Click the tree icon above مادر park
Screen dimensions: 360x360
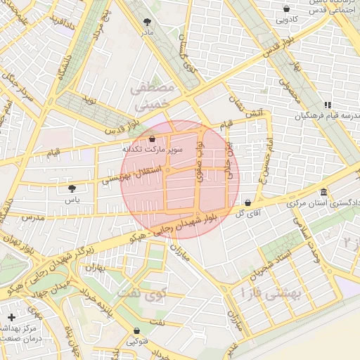click(x=146, y=22)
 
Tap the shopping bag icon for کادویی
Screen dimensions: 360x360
click(x=286, y=8)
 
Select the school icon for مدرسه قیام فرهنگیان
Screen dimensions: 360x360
click(x=328, y=104)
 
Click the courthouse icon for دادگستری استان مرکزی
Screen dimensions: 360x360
click(x=323, y=192)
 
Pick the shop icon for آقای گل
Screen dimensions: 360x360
click(x=247, y=202)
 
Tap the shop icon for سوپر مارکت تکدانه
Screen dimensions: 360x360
click(x=153, y=139)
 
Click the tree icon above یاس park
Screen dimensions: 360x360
click(x=72, y=188)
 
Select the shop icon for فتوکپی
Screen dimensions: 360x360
click(x=136, y=330)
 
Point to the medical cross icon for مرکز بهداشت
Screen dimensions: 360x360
click(x=11, y=318)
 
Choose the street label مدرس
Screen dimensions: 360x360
click(x=32, y=218)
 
